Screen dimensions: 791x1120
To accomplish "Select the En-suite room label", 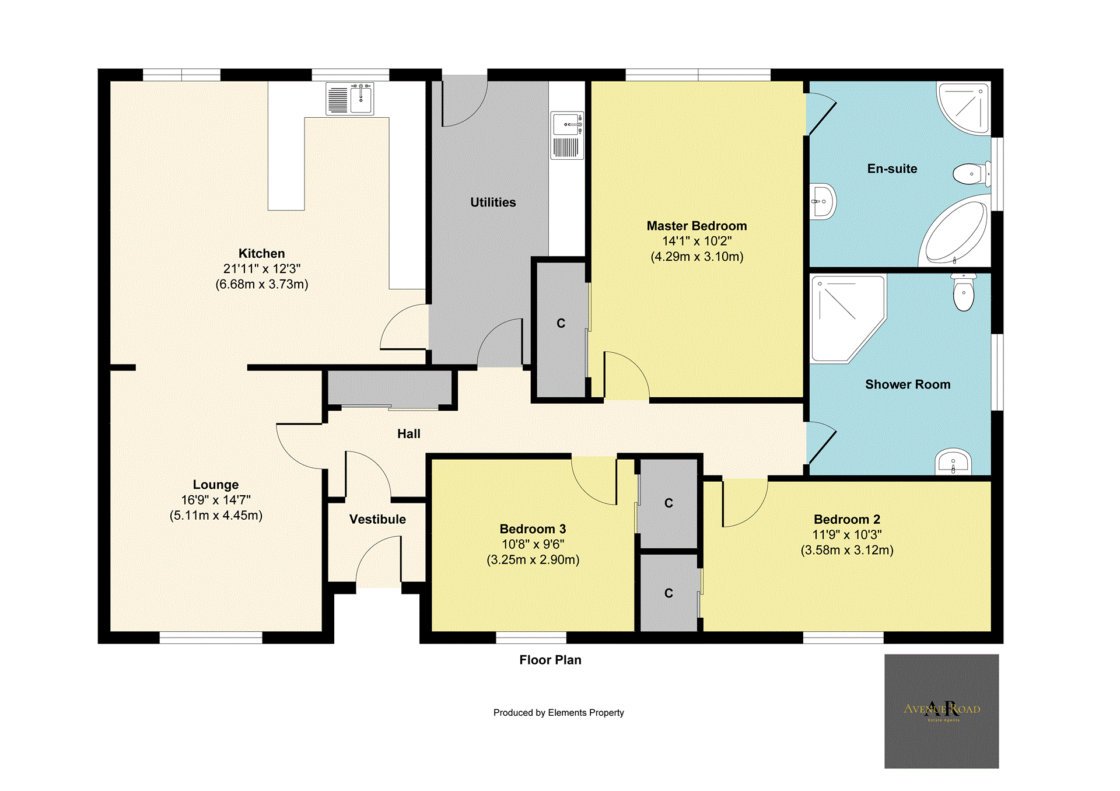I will [892, 169].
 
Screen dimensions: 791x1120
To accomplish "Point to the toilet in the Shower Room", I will [963, 292].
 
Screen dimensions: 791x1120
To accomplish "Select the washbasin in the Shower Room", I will [953, 463].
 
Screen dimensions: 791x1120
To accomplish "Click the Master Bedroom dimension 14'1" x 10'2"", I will [696, 242].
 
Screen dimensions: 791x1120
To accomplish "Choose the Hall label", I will [408, 434].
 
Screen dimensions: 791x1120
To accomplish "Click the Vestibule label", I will [377, 520].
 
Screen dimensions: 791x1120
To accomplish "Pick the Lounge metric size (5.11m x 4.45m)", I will [216, 516].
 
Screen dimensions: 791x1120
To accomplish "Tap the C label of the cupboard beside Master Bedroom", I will [561, 324].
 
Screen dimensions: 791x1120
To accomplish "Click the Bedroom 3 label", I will [533, 529].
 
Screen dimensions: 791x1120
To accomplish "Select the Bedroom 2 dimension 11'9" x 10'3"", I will [846, 535].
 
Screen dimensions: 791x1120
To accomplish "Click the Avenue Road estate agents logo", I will [942, 711].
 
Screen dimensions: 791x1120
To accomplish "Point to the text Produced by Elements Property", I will [558, 713].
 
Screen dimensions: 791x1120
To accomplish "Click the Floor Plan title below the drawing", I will [550, 660].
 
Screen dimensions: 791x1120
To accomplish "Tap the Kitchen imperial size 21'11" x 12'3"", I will [261, 269].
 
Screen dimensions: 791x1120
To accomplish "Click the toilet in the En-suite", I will [971, 174].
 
